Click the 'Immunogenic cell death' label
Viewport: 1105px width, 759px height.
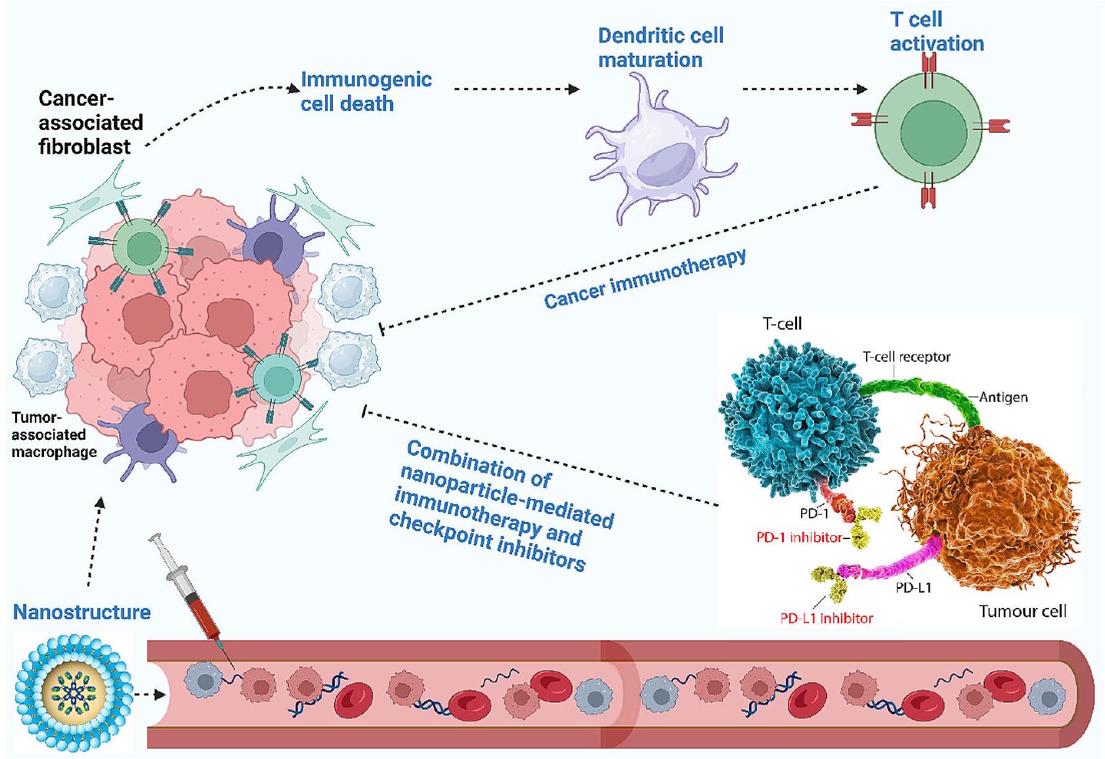pyautogui.click(x=366, y=91)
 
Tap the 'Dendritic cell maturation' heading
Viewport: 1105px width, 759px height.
pyautogui.click(x=660, y=47)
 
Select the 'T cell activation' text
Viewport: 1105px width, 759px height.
pyautogui.click(x=936, y=32)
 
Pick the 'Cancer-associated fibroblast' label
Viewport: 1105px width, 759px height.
pyautogui.click(x=91, y=122)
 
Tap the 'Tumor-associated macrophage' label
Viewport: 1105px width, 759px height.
pyautogui.click(x=54, y=435)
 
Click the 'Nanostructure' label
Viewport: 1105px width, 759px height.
pyautogui.click(x=82, y=612)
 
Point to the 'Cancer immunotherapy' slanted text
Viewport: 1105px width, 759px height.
pyautogui.click(x=645, y=279)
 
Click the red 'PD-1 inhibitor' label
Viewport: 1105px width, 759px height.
pyautogui.click(x=798, y=538)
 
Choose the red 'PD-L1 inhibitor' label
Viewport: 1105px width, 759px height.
pyautogui.click(x=826, y=618)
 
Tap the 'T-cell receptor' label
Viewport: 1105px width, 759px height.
pyautogui.click(x=906, y=357)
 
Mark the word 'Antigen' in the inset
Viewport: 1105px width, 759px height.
pyautogui.click(x=1003, y=397)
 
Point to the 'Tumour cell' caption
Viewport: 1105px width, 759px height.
pyautogui.click(x=1022, y=611)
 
